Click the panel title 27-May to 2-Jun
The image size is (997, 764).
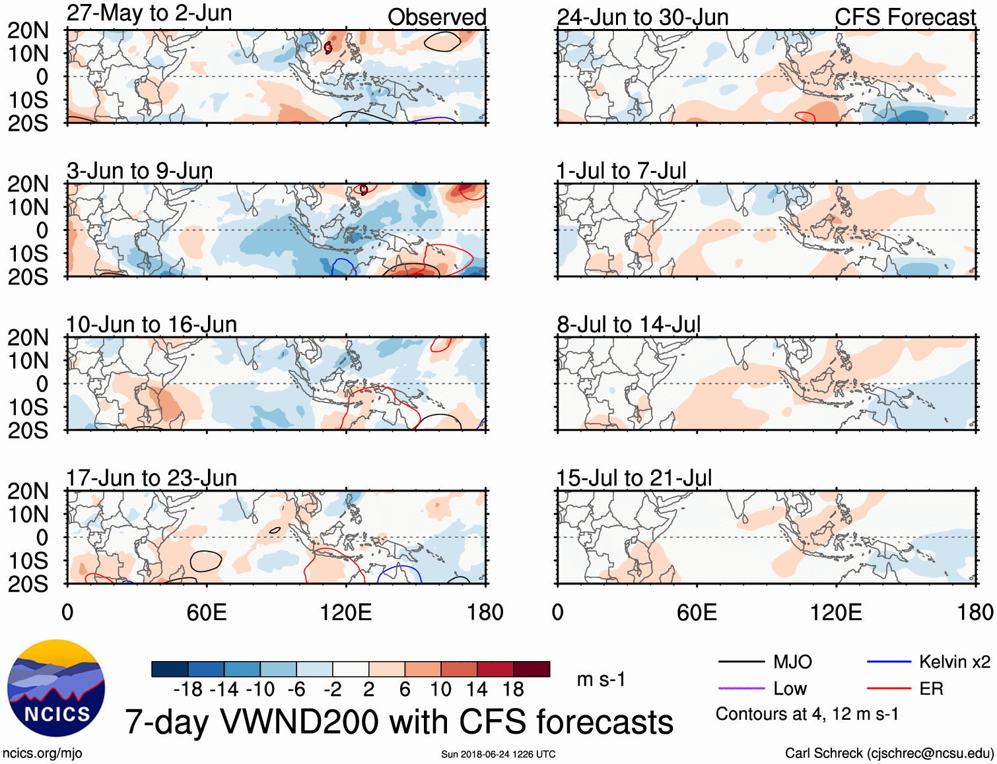(149, 13)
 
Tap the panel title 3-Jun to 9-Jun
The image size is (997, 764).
(139, 171)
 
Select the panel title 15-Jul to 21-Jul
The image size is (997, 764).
(634, 478)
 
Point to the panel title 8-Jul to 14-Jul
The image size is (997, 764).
(629, 325)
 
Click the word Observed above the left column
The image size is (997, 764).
(436, 17)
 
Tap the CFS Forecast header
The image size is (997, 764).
(905, 17)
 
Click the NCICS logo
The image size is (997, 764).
(56, 687)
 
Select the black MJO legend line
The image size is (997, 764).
(741, 662)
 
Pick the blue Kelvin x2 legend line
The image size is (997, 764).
(889, 662)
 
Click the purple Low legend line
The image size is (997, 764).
(741, 689)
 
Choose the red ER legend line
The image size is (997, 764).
(889, 689)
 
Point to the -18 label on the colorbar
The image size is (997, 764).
(188, 689)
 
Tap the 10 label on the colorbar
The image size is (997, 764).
(440, 689)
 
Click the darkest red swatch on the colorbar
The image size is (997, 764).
(532, 669)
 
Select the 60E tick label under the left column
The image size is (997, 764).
(206, 612)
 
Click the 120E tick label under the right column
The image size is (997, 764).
(836, 612)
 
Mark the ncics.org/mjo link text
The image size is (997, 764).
(42, 753)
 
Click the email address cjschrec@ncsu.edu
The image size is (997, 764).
(930, 753)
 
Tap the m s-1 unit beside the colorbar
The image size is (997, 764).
(601, 680)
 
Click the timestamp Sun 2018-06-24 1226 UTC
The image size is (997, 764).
(498, 754)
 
